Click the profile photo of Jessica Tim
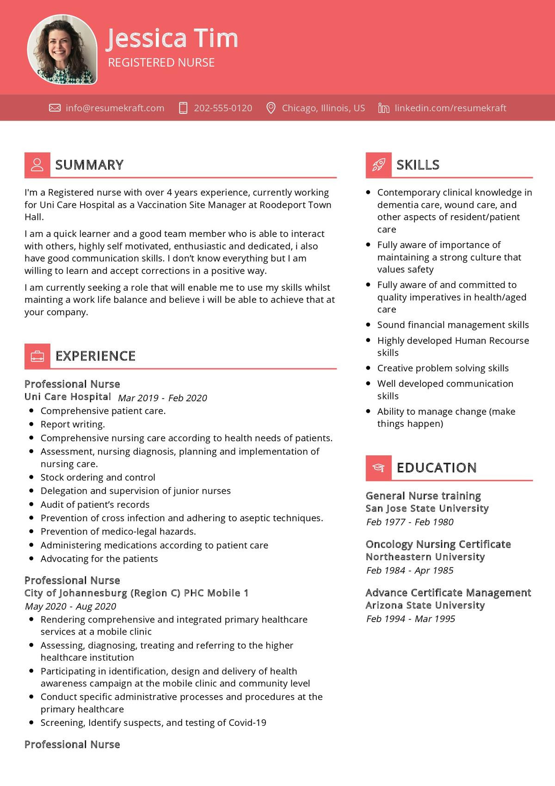tap(62, 49)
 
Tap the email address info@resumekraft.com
tap(115, 108)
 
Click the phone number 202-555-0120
tap(223, 108)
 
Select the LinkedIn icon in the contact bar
tap(383, 108)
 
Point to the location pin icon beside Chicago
tap(271, 108)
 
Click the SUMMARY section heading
tap(89, 165)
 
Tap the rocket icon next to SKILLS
tap(378, 165)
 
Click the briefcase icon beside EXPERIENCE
tap(37, 356)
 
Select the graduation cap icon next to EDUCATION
tap(378, 468)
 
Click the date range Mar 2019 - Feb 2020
tap(162, 398)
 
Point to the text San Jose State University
tap(427, 508)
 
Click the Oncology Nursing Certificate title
tap(438, 544)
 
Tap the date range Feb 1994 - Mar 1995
tap(411, 619)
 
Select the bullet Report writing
tap(73, 424)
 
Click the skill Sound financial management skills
tap(453, 325)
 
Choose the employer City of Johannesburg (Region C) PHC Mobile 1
tap(136, 593)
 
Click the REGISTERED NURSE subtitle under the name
tap(161, 62)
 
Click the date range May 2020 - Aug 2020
tap(70, 606)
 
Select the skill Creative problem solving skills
tap(443, 368)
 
